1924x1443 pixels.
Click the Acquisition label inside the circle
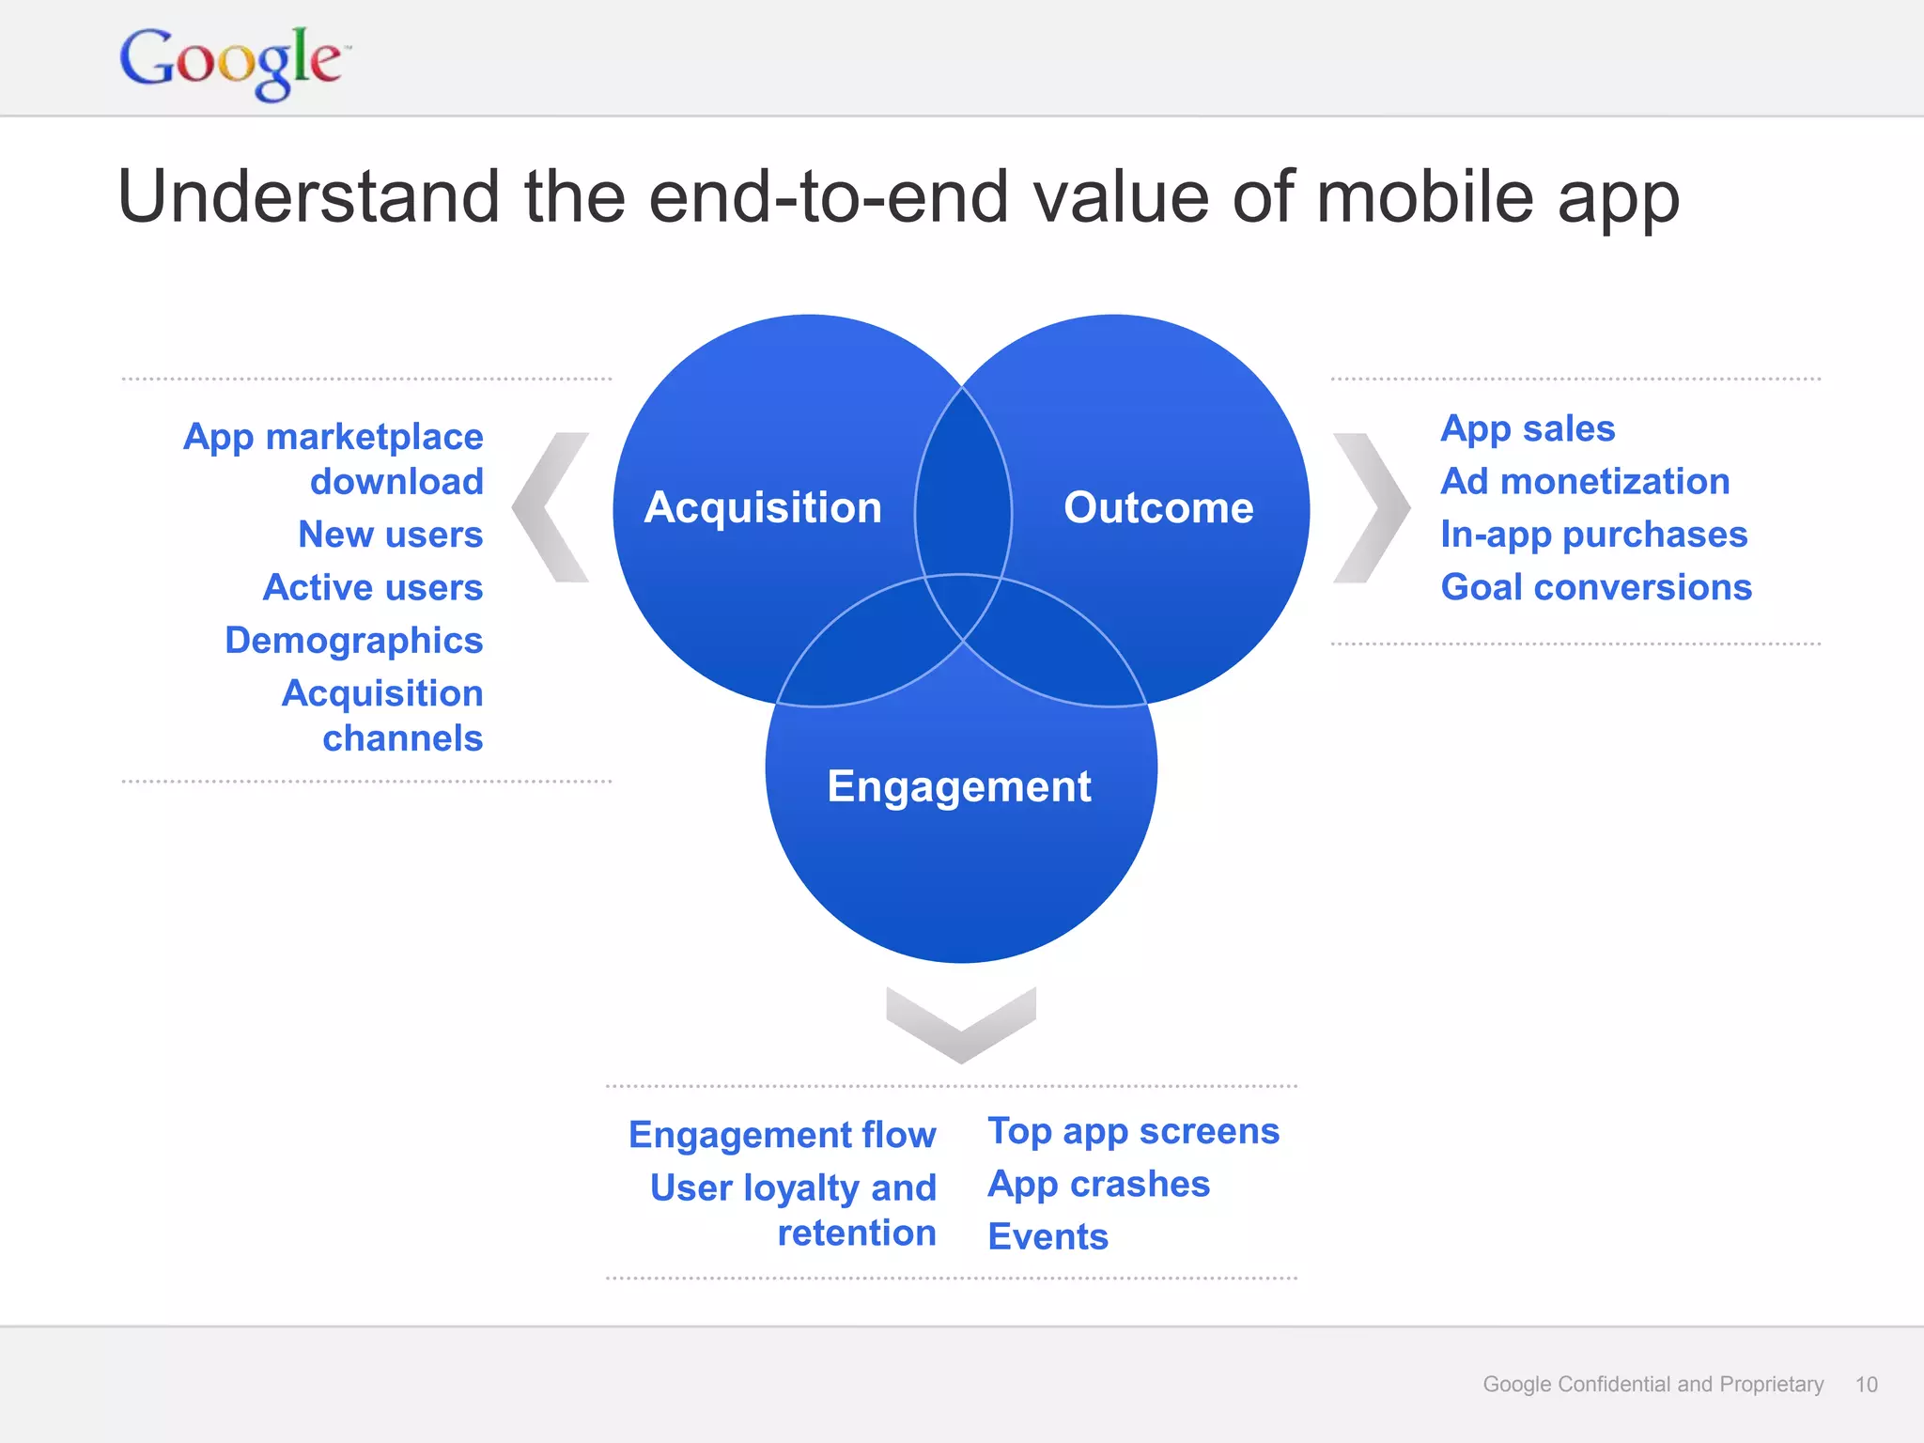763,507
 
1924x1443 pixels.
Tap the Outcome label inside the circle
1158,507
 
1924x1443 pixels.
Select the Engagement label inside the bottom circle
959,786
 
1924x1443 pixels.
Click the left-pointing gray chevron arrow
551,507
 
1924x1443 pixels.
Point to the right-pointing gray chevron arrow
1372,507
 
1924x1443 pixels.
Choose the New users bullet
390,535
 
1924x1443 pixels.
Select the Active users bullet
373,587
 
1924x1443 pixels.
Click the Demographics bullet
354,641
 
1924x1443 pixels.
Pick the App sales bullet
1528,428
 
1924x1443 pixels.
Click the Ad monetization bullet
1585,481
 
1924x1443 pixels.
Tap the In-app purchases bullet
1593,535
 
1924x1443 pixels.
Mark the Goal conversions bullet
1596,587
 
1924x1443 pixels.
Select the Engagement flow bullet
782,1135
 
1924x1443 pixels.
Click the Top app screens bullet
1133,1131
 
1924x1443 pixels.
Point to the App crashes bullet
1098,1184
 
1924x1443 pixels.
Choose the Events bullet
1047,1236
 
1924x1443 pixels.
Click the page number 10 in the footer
1866,1384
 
